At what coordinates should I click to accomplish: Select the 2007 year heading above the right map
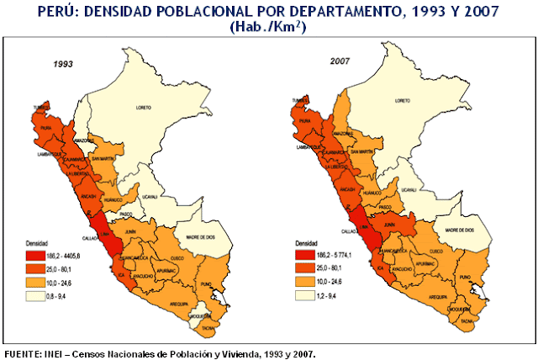coord(340,61)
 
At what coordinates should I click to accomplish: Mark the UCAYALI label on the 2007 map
coord(409,190)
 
